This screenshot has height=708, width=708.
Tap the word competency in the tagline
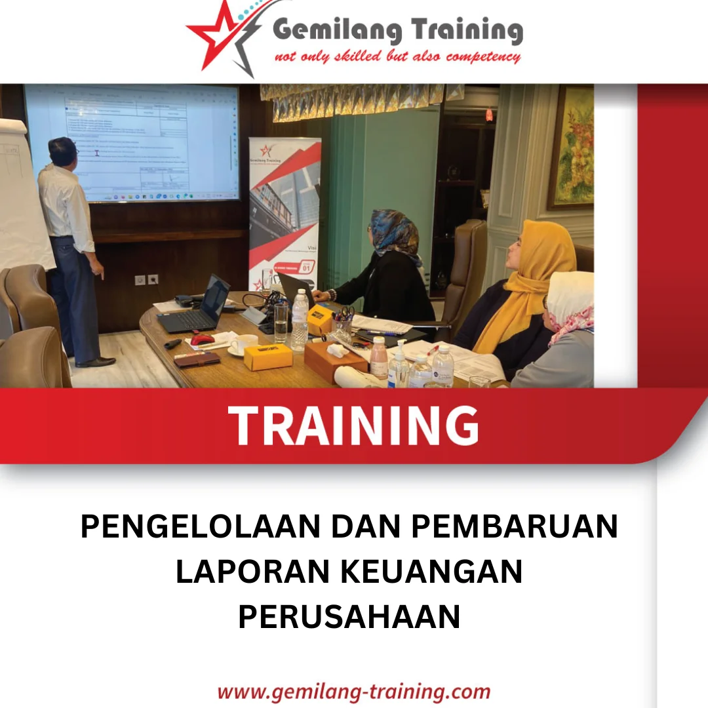[x=483, y=57]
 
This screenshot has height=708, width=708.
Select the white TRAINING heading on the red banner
[x=353, y=425]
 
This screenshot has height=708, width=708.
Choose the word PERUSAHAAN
[x=349, y=617]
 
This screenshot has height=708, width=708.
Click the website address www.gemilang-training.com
[x=353, y=691]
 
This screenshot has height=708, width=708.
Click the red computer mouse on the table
[x=203, y=340]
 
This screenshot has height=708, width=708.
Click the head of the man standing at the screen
[x=63, y=151]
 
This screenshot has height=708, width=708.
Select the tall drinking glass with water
[x=281, y=321]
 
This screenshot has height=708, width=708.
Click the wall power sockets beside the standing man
[x=146, y=279]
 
